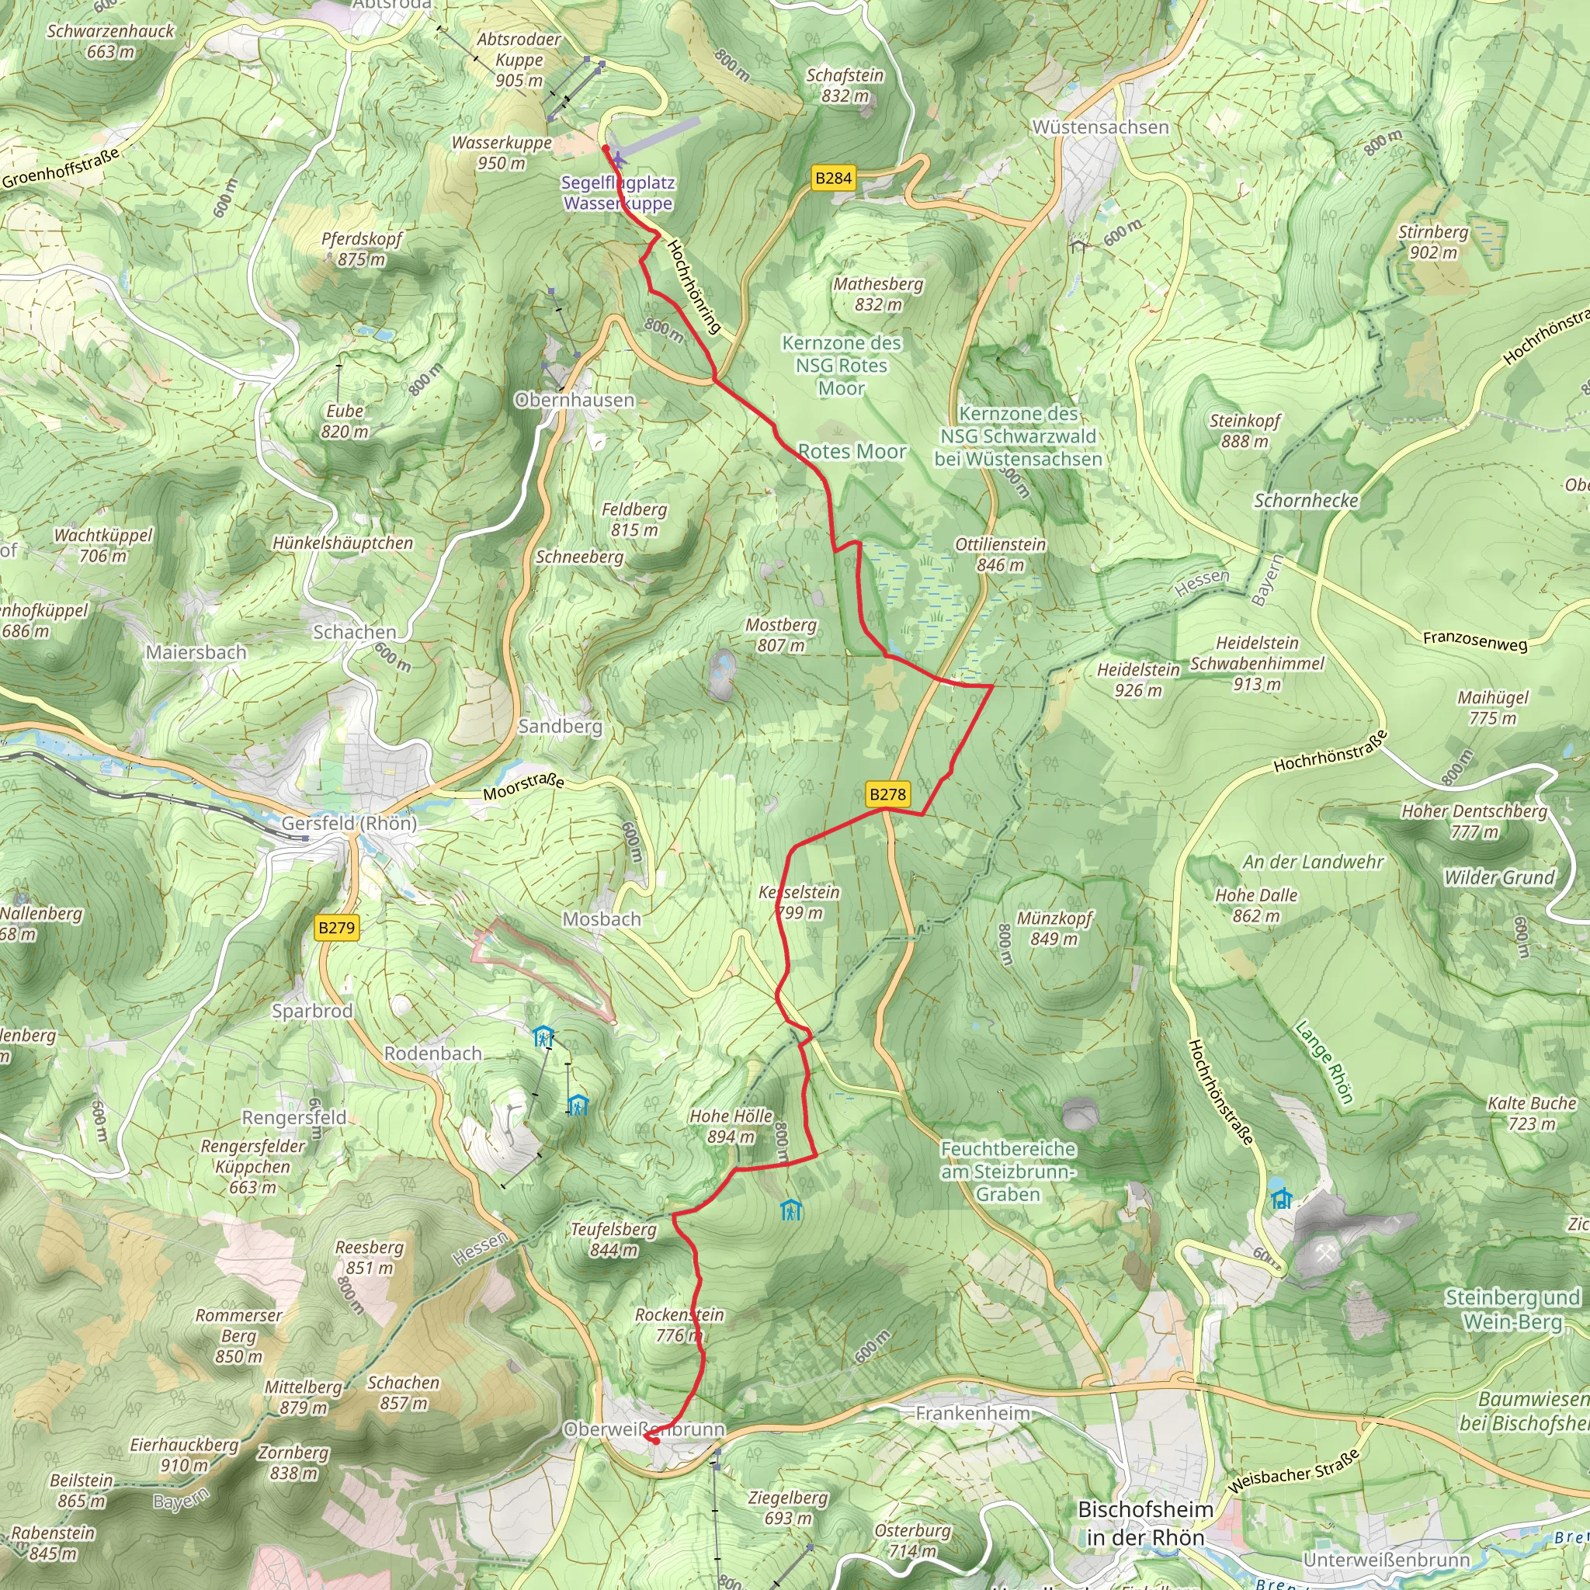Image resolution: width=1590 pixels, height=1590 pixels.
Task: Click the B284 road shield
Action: pyautogui.click(x=833, y=178)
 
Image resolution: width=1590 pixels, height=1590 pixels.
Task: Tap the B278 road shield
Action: pyautogui.click(x=887, y=794)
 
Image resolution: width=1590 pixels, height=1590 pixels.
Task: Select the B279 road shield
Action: pyautogui.click(x=337, y=928)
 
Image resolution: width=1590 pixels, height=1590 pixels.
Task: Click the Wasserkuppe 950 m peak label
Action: pyautogui.click(x=502, y=152)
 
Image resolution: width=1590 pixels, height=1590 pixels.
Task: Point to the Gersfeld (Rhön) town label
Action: pyautogui.click(x=349, y=823)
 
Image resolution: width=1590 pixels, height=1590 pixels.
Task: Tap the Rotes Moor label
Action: pyautogui.click(x=852, y=452)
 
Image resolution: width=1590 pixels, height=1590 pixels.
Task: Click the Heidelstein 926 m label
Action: pyautogui.click(x=1138, y=680)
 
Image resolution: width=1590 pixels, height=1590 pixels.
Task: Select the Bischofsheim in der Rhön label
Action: pyautogui.click(x=1145, y=1522)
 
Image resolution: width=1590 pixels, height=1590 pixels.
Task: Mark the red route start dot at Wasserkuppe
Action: pyautogui.click(x=605, y=148)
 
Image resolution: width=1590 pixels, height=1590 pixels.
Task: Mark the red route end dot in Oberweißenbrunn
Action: pyautogui.click(x=655, y=1441)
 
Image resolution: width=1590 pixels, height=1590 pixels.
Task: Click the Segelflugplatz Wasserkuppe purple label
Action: pyautogui.click(x=617, y=193)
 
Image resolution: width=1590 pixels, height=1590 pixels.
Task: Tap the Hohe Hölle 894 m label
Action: pyautogui.click(x=731, y=1126)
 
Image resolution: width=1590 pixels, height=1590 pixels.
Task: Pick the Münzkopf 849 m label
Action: pyautogui.click(x=1054, y=928)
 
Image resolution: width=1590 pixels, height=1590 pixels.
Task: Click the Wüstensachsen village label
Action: pyautogui.click(x=1100, y=127)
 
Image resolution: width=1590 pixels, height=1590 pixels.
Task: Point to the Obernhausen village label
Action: pyautogui.click(x=575, y=400)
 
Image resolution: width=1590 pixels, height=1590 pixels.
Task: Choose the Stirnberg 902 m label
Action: pyautogui.click(x=1433, y=242)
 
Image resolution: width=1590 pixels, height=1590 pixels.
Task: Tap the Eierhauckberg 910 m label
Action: pyautogui.click(x=184, y=1454)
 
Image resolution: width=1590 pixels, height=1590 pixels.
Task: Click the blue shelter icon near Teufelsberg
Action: pyautogui.click(x=791, y=1210)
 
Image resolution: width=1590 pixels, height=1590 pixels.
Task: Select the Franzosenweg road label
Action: pyautogui.click(x=1475, y=640)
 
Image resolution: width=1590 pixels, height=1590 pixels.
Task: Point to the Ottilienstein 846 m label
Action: pyautogui.click(x=1000, y=554)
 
